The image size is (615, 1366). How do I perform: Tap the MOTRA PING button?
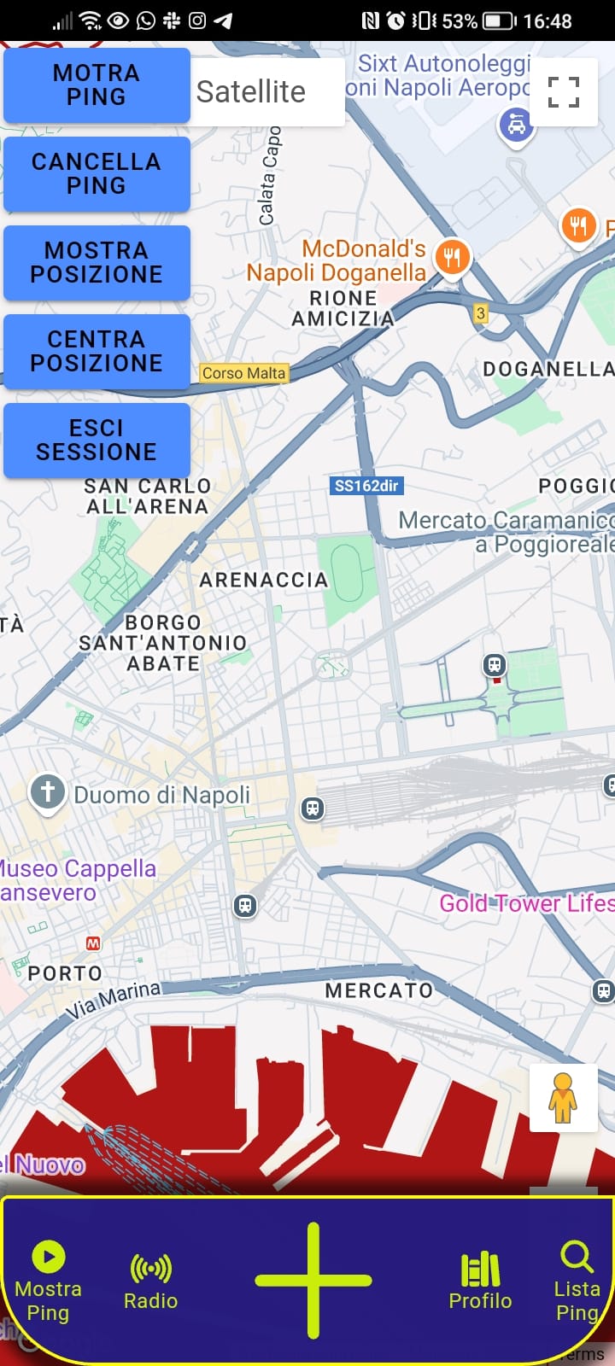point(97,85)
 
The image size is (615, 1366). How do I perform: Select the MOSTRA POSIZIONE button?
point(97,263)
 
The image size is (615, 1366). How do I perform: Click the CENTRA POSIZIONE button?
point(97,352)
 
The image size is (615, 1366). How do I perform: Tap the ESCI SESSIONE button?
point(97,441)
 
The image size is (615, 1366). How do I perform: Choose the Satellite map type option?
point(251,91)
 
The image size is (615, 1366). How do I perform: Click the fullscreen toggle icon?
point(563,92)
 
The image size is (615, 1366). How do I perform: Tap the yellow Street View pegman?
point(563,1098)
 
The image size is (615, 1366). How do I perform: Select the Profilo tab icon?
point(480,1270)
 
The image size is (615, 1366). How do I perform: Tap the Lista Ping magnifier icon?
point(577,1257)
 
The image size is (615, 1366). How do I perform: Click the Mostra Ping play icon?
point(49,1257)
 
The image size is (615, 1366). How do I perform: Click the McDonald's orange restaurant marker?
point(453,256)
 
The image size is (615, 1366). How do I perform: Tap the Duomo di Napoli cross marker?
point(48,792)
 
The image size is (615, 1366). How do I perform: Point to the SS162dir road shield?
point(366,486)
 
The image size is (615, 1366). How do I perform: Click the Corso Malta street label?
point(243,373)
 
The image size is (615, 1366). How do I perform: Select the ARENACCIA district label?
point(264,581)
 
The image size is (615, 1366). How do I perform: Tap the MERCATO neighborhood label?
point(379,990)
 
